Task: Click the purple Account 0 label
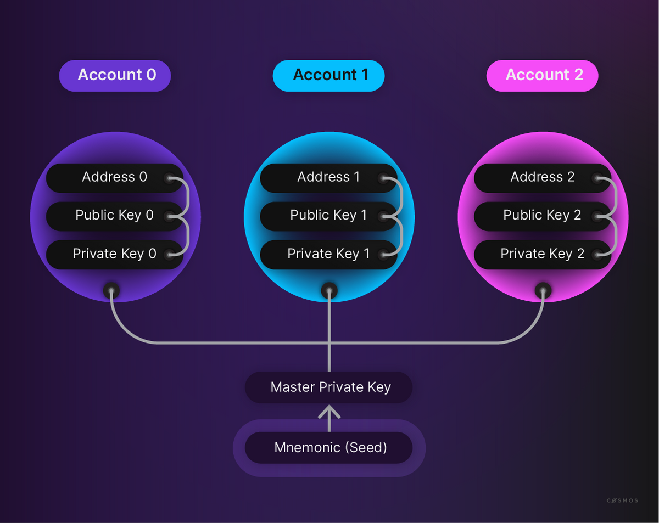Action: pyautogui.click(x=115, y=76)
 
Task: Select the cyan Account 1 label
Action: pyautogui.click(x=328, y=76)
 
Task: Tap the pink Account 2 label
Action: pyautogui.click(x=543, y=76)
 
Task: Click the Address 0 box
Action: pyautogui.click(x=115, y=178)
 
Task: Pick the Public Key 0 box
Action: pyautogui.click(x=115, y=216)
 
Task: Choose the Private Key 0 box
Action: pyautogui.click(x=115, y=255)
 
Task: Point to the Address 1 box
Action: pyautogui.click(x=328, y=178)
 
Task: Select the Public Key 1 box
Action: pyautogui.click(x=328, y=216)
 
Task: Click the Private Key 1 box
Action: pyautogui.click(x=328, y=255)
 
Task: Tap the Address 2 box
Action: pyautogui.click(x=543, y=178)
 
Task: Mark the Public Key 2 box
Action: pyautogui.click(x=543, y=216)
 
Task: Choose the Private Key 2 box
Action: pyautogui.click(x=543, y=255)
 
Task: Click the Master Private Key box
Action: pyautogui.click(x=328, y=387)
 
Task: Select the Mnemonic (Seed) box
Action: pyautogui.click(x=328, y=447)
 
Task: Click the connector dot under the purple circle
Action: pyautogui.click(x=111, y=291)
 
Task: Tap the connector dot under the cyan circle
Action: pyautogui.click(x=329, y=291)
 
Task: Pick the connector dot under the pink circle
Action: pyautogui.click(x=543, y=291)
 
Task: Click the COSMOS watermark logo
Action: pyautogui.click(x=622, y=500)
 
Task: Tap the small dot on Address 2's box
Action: pyautogui.click(x=597, y=178)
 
